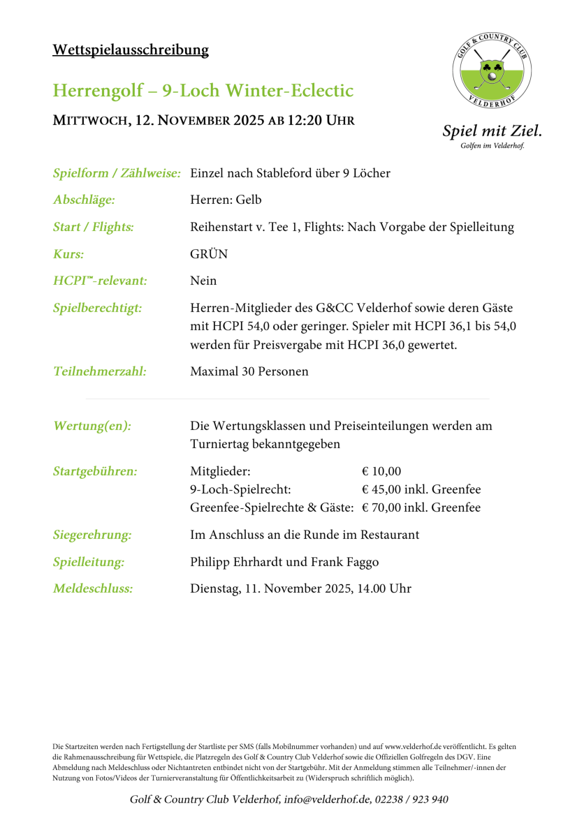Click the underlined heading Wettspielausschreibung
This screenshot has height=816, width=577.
131,50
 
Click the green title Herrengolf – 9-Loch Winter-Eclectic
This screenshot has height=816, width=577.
203,91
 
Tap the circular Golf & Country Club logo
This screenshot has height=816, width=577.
492,72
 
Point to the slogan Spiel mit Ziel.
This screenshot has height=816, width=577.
492,131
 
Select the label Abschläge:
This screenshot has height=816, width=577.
84,200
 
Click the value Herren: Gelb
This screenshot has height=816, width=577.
226,200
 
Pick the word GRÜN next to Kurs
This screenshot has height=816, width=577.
209,254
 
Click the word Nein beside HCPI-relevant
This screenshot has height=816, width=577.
203,281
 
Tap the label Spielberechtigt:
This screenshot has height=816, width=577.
98,308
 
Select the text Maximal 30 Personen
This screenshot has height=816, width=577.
249,371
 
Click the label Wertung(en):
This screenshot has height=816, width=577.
92,426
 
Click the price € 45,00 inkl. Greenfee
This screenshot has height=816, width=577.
421,489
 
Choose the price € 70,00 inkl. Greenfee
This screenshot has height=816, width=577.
421,507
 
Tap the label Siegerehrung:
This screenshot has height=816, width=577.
92,535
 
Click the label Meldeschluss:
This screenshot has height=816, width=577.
93,588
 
